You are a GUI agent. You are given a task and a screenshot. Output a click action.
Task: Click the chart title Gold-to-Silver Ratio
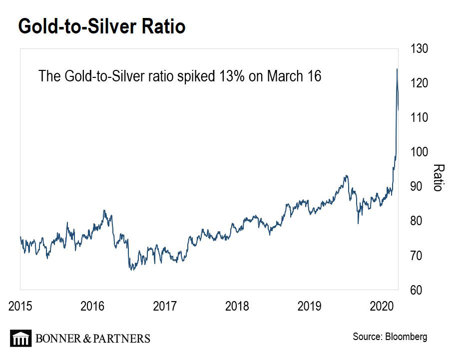pyautogui.click(x=102, y=26)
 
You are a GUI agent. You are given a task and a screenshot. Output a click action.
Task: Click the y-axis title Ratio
pyautogui.click(x=438, y=177)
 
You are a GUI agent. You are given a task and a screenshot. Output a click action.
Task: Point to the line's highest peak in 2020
pyautogui.click(x=397, y=69)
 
